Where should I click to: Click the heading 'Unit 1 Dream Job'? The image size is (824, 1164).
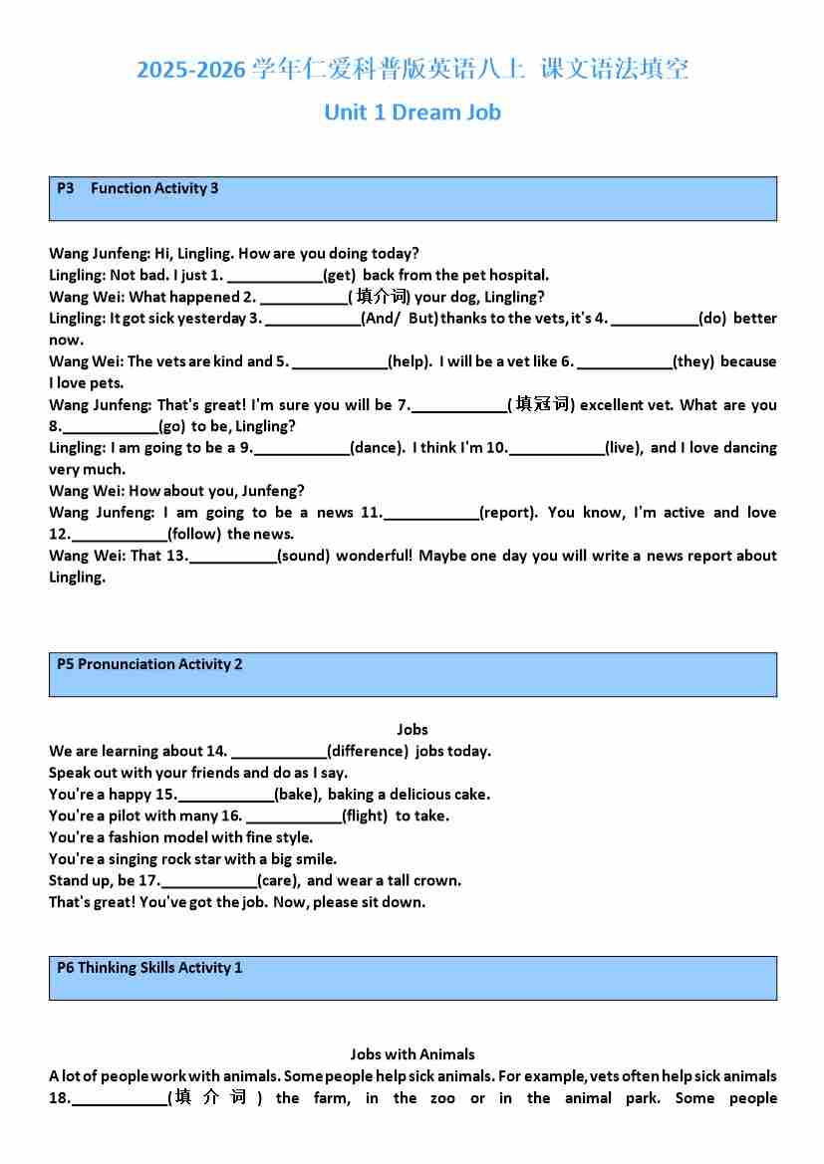[412, 113]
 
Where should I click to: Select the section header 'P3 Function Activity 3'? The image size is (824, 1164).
[137, 188]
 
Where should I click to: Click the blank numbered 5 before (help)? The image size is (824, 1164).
[339, 362]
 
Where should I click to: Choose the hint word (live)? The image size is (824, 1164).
[624, 448]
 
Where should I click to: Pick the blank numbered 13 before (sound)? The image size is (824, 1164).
[232, 556]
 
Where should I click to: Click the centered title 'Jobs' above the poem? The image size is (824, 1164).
[412, 730]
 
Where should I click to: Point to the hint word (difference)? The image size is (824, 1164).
[368, 752]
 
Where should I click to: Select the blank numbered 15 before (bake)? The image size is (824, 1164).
[225, 795]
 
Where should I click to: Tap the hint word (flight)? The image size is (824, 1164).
[365, 816]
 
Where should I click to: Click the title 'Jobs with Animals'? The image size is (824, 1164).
[412, 1054]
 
